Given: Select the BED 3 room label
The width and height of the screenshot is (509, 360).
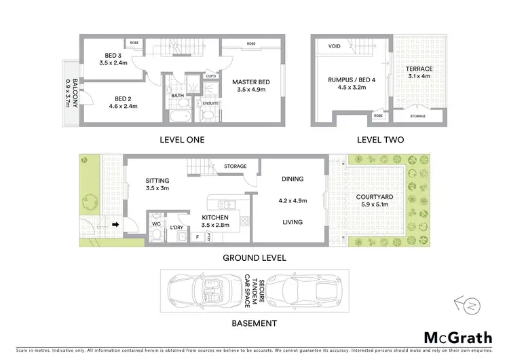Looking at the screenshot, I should (x=113, y=55).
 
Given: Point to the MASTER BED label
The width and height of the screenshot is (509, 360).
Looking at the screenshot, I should (x=250, y=82).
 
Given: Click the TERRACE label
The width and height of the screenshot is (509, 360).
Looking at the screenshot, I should (x=419, y=69).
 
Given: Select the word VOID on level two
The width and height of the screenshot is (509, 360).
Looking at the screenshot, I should (x=334, y=47).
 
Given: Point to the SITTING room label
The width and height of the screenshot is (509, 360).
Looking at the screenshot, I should (x=158, y=181).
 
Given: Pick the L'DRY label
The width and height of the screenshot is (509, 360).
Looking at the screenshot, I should (x=178, y=227).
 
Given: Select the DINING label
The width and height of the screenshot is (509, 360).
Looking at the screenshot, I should (x=292, y=179).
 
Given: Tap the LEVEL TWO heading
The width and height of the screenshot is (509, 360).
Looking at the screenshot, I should (x=381, y=140).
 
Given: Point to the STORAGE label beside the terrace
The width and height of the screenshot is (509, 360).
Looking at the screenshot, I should (x=419, y=116).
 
